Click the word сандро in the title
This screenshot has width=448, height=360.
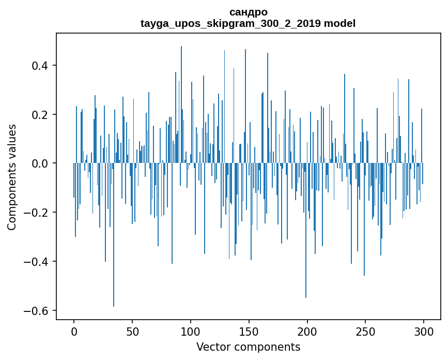[248, 12]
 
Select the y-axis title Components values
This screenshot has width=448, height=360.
[12, 177]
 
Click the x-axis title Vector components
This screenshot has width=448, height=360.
[248, 347]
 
